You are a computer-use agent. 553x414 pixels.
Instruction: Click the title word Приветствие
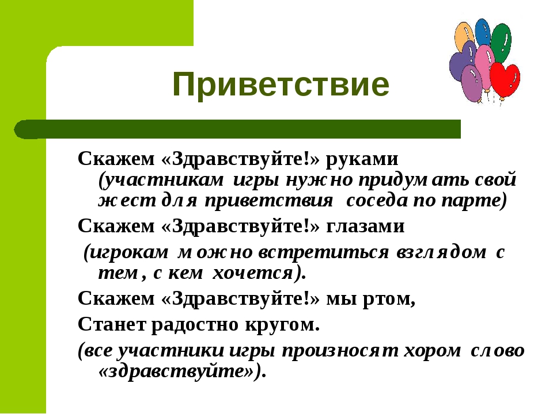(281, 85)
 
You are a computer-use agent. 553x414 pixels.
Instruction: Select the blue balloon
(483, 32)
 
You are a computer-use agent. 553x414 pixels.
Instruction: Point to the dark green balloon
(501, 41)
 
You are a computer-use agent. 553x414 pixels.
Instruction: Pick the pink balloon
(484, 64)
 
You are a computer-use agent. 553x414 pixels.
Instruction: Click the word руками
(362, 159)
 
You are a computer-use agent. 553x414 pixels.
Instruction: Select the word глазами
(365, 226)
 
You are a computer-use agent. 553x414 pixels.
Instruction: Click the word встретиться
(323, 252)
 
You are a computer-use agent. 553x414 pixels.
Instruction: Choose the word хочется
(252, 273)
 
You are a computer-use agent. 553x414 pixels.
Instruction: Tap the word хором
(432, 351)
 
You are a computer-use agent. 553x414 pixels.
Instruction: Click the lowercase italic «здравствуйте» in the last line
(176, 371)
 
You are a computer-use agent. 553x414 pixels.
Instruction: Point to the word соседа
(377, 201)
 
